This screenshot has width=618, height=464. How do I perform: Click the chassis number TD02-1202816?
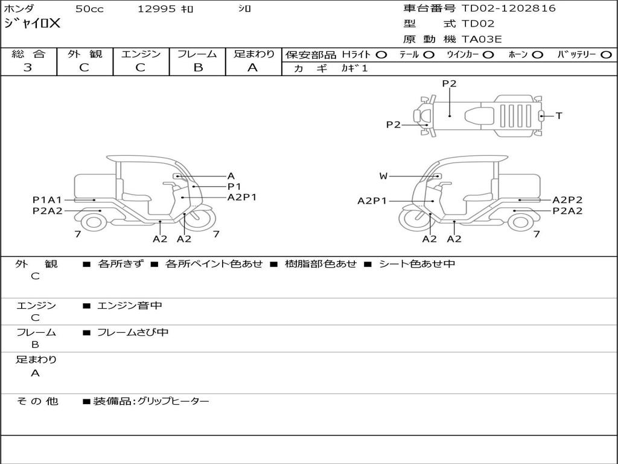[508, 8]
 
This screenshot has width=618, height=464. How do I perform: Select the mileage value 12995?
[156, 9]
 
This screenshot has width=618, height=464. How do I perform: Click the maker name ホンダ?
[19, 9]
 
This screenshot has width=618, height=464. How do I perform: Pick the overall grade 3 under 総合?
[28, 68]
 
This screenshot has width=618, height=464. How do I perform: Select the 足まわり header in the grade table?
[253, 54]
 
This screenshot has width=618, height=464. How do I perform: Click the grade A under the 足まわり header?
[253, 68]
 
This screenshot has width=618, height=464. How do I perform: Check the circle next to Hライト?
[381, 55]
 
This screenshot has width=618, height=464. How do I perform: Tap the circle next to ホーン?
[537, 55]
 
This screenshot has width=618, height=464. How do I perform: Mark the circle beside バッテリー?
[606, 55]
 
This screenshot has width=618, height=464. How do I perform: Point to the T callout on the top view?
[559, 115]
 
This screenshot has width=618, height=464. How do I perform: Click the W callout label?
[383, 176]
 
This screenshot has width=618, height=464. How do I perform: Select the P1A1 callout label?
[47, 200]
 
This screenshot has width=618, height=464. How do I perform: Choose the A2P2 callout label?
[567, 200]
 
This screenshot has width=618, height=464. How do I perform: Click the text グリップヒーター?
[173, 401]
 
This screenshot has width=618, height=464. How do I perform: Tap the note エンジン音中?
[130, 306]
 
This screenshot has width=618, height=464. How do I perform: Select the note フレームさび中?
[133, 332]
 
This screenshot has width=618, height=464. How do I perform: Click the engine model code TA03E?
[482, 39]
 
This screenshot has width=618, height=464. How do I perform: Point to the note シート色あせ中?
[416, 264]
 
